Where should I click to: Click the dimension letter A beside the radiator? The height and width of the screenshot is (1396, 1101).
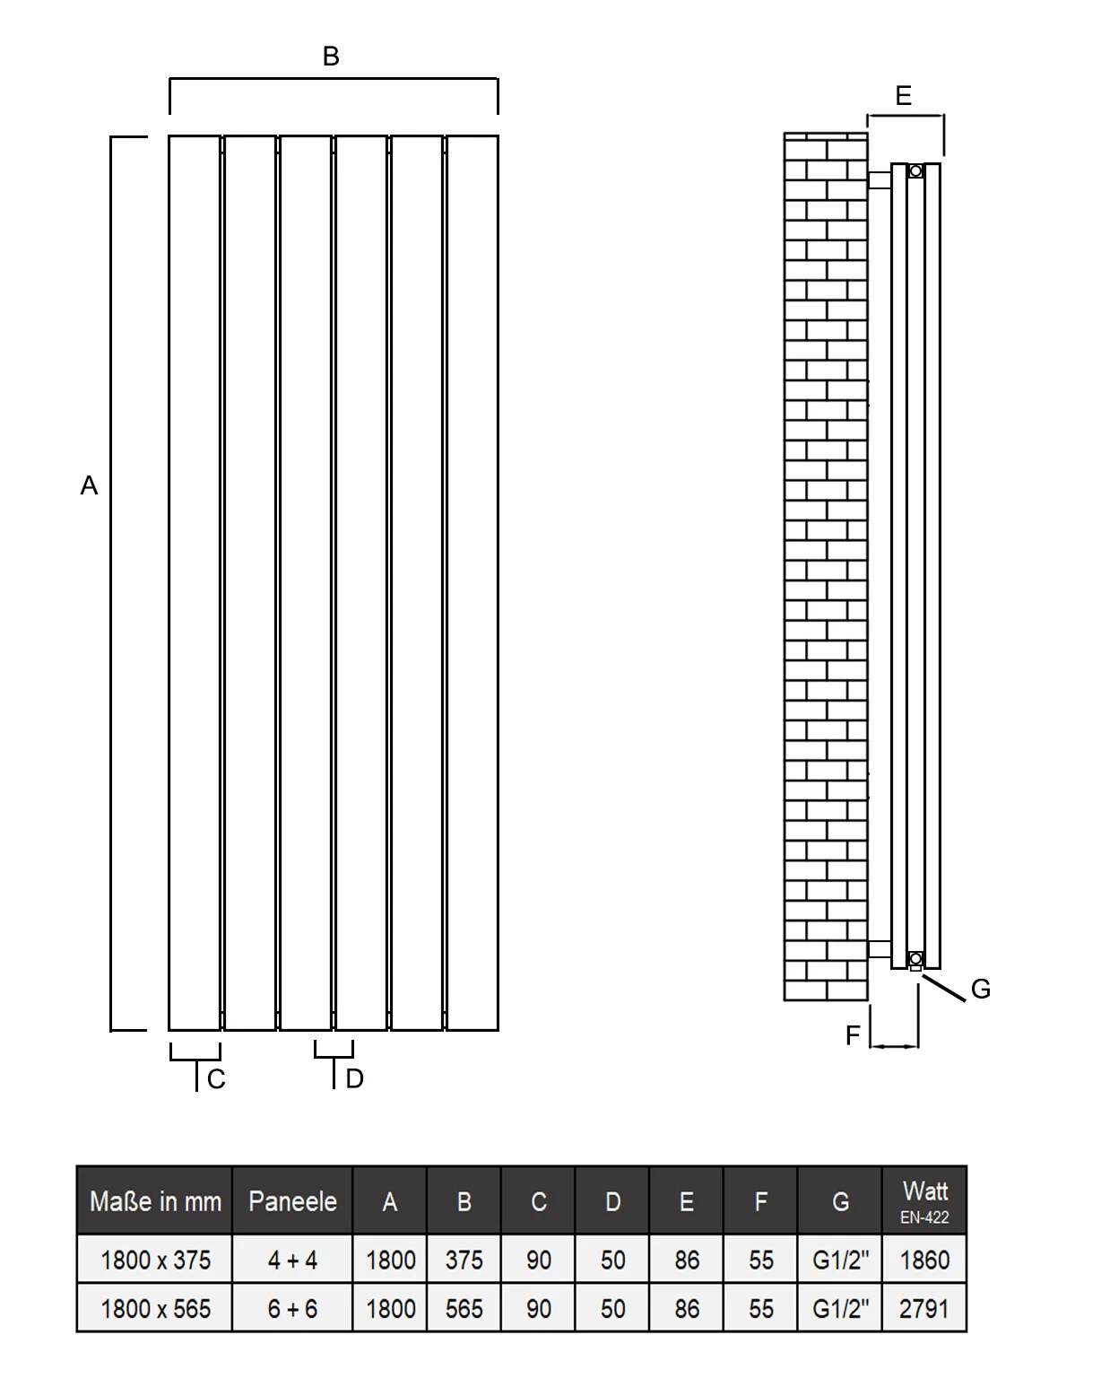pyautogui.click(x=89, y=485)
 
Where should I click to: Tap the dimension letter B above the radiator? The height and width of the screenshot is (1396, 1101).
pyautogui.click(x=331, y=57)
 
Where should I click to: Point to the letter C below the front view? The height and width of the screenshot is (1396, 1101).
pyautogui.click(x=216, y=1078)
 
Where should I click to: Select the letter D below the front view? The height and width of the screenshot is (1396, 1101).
pyautogui.click(x=355, y=1078)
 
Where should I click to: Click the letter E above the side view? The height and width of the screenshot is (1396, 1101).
pyautogui.click(x=903, y=96)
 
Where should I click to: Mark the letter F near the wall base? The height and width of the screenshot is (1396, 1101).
pyautogui.click(x=853, y=1034)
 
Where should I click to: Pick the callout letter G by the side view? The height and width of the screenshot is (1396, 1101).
pyautogui.click(x=980, y=990)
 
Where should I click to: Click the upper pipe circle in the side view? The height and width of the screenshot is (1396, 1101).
pyautogui.click(x=915, y=171)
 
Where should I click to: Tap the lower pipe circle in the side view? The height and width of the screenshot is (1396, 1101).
pyautogui.click(x=915, y=958)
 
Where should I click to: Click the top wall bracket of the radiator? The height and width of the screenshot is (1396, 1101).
pyautogui.click(x=880, y=180)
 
